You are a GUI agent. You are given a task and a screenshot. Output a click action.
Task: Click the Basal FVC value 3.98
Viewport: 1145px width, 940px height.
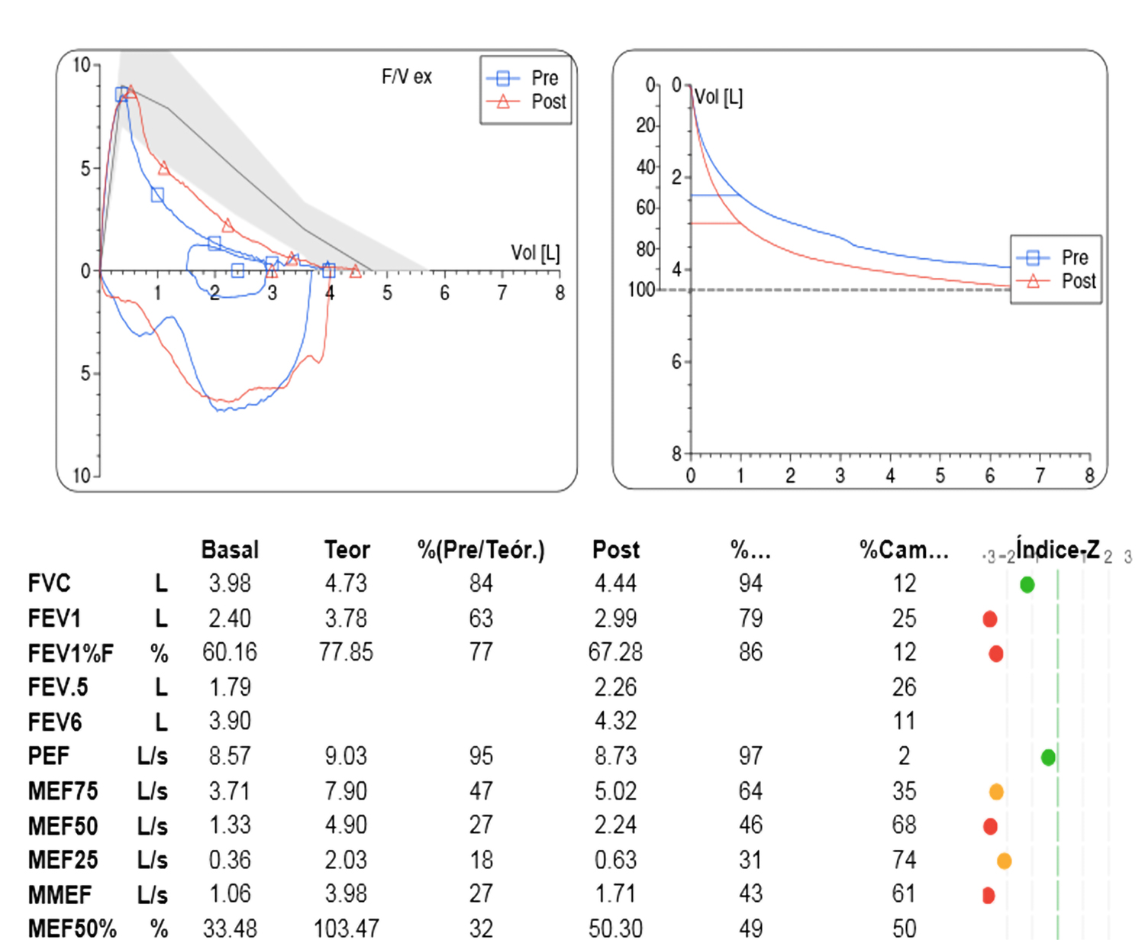(230, 583)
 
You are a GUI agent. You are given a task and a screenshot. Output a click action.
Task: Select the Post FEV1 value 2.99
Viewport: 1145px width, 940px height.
(615, 619)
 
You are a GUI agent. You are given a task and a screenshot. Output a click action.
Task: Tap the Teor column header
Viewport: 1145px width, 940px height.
(347, 550)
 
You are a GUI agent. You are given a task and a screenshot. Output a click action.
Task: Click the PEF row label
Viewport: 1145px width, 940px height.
(48, 756)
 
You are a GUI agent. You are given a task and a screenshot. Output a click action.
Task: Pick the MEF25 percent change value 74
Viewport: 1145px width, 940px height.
(904, 860)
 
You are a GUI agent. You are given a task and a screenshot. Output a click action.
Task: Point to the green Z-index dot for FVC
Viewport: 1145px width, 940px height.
(1027, 585)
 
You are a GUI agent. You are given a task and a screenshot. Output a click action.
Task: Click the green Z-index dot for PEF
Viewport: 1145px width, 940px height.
(1048, 757)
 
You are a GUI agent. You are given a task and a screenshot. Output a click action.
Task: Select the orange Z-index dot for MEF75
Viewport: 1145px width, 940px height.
(996, 792)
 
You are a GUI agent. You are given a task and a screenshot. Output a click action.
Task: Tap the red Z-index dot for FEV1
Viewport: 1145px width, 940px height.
(990, 619)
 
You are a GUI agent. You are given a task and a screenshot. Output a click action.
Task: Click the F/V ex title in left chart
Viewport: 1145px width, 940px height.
(406, 77)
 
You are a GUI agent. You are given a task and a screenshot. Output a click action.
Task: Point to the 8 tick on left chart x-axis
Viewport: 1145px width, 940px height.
(560, 293)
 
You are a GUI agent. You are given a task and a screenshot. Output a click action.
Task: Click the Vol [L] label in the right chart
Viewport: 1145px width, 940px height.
(718, 97)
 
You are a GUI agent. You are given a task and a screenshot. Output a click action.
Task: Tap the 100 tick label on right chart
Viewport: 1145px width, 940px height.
(641, 290)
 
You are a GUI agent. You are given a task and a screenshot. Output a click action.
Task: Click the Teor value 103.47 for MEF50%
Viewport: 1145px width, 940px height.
(346, 929)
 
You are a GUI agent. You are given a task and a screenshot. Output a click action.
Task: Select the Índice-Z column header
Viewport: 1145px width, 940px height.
(1057, 550)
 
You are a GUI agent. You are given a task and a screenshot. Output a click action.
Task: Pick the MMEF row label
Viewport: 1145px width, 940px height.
(60, 894)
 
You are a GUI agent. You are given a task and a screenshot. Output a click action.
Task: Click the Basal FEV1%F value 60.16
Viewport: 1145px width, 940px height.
(230, 653)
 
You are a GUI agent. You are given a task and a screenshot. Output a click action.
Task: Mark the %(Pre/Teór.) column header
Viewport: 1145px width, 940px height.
(481, 550)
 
